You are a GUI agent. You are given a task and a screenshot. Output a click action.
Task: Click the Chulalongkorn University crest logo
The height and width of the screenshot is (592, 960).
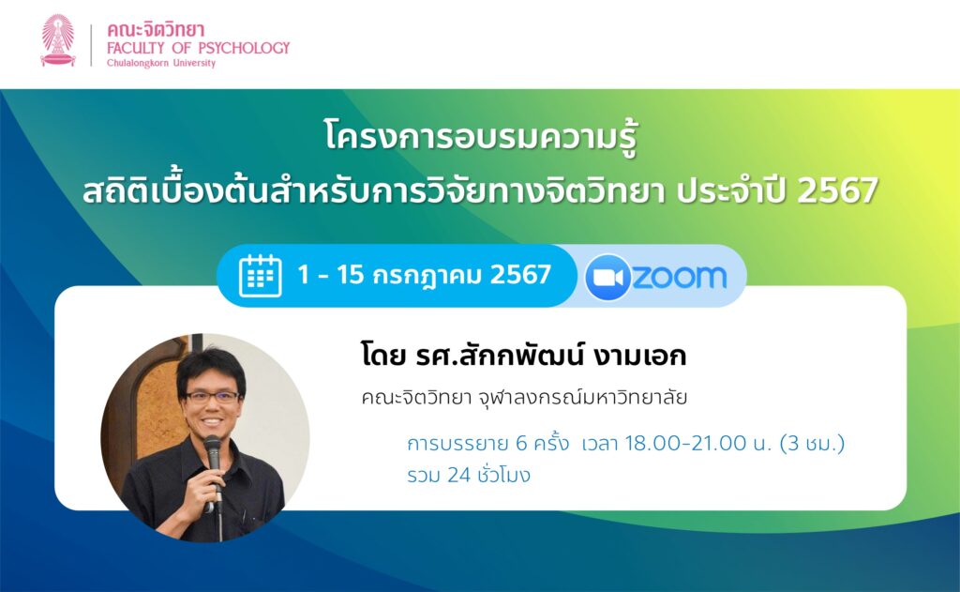58,39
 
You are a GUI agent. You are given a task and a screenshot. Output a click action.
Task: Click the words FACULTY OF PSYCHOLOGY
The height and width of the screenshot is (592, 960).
199,48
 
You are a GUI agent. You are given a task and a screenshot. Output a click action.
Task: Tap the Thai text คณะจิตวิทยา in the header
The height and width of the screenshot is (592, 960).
156,29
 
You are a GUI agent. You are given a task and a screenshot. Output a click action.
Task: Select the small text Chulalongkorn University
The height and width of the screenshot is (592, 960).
161,63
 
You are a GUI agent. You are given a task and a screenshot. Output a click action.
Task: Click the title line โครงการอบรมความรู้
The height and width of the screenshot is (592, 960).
481,137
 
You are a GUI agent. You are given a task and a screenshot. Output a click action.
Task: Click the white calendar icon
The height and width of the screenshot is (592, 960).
261,276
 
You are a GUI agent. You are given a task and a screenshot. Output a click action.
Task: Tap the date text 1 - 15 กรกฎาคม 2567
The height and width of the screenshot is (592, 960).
425,275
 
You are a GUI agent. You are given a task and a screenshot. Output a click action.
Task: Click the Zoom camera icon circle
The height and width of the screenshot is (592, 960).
607,277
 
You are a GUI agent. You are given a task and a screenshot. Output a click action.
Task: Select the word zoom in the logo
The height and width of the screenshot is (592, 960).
680,277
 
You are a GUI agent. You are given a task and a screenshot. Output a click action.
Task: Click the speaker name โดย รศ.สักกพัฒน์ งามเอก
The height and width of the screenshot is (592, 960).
523,356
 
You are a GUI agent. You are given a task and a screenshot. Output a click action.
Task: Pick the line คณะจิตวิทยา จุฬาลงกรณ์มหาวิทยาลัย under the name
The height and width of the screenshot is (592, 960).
524,398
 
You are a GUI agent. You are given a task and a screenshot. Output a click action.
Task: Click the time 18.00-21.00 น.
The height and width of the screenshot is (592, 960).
697,443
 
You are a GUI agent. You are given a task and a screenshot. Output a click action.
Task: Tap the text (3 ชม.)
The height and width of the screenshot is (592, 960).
813,443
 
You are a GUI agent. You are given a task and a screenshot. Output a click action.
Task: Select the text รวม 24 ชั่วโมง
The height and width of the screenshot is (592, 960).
469,475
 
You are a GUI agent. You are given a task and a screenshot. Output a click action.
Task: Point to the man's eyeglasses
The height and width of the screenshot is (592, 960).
212,397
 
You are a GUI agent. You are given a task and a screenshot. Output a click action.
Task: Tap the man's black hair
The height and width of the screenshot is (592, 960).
211,368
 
